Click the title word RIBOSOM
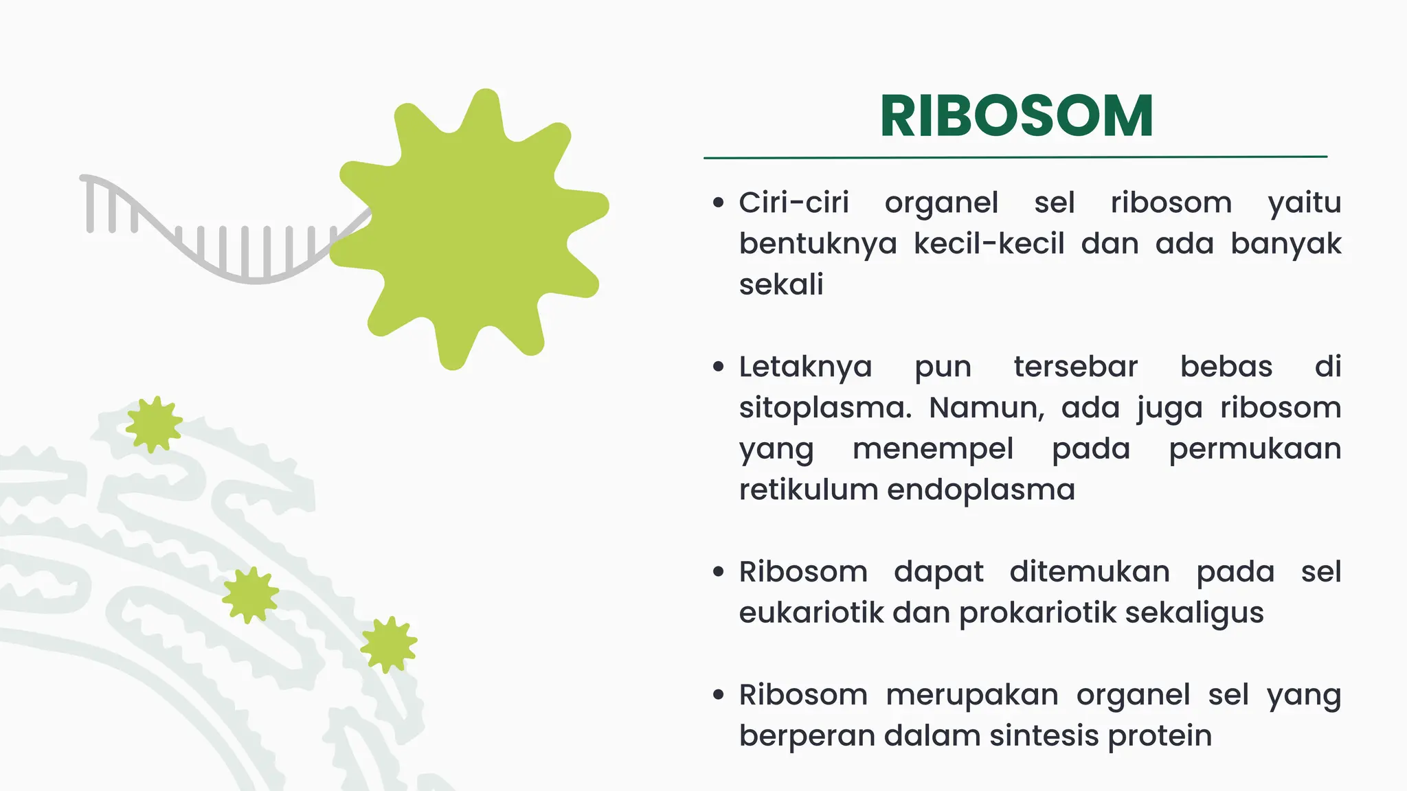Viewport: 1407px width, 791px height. [1016, 116]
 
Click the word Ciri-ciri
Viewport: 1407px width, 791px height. [793, 203]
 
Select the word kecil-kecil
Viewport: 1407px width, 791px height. [989, 244]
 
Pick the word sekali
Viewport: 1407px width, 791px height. [781, 284]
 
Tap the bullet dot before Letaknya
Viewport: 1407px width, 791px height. [719, 367]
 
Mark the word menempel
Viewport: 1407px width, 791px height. [932, 449]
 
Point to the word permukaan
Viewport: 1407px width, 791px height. [1254, 449]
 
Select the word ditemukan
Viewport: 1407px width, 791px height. [1089, 572]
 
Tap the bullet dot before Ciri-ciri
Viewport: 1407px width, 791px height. [719, 203]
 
